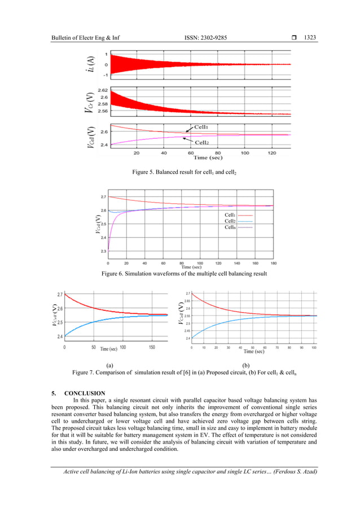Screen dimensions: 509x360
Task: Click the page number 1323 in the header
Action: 309,38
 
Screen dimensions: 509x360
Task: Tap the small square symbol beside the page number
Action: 294,38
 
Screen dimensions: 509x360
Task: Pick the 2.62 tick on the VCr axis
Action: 103,90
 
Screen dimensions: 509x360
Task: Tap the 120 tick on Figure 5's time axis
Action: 272,153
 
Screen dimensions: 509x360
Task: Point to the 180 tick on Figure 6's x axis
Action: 273,263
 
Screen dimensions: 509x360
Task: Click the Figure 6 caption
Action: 180,274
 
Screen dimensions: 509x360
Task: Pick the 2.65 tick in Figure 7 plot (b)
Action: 187,301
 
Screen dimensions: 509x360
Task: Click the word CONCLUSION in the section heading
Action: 85,393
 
